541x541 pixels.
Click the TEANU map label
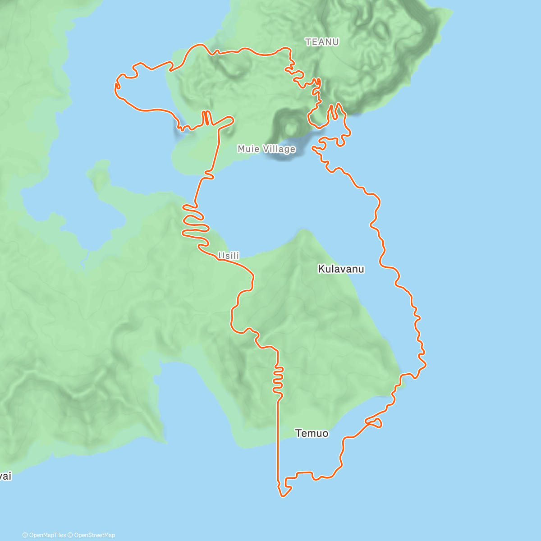tap(322, 42)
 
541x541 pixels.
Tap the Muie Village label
tap(266, 149)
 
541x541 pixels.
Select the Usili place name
tap(229, 256)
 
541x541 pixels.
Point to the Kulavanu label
tap(341, 269)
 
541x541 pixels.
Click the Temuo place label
tap(312, 433)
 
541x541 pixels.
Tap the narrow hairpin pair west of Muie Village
tap(206, 118)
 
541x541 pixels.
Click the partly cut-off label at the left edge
tap(5, 476)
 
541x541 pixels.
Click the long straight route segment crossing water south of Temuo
tap(278, 442)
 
